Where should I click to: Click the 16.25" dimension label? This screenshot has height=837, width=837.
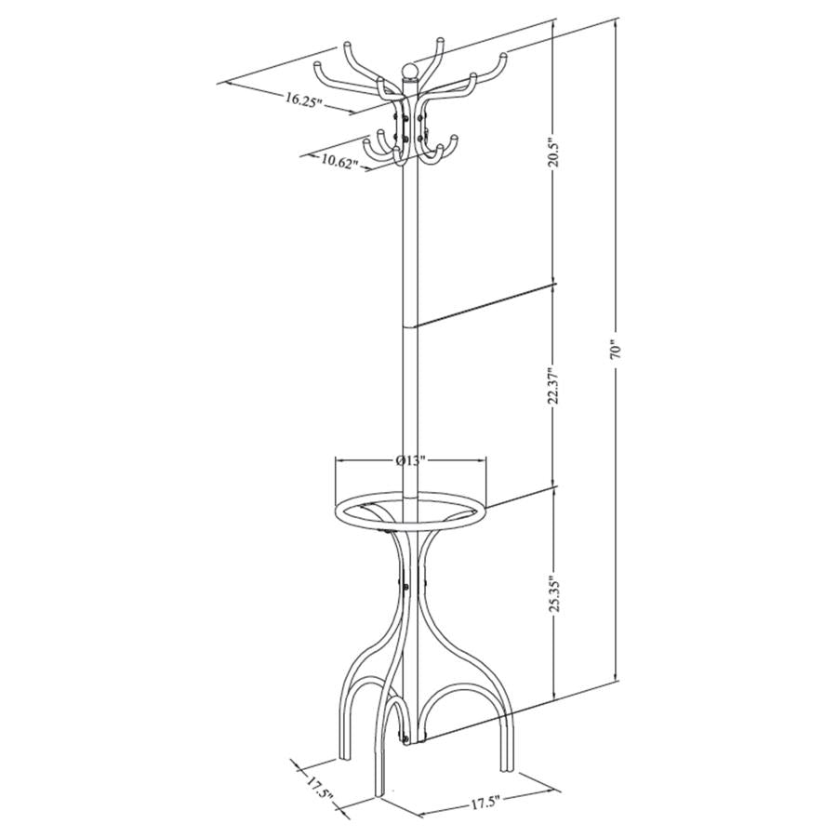click(x=305, y=100)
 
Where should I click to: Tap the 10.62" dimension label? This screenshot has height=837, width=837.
click(x=340, y=160)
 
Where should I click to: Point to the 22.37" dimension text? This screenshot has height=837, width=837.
click(x=554, y=384)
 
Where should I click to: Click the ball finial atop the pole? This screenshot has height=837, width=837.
click(x=409, y=71)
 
